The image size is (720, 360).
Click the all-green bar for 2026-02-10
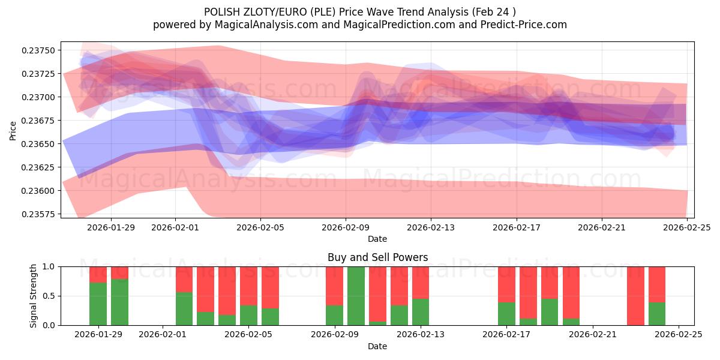click(x=356, y=296)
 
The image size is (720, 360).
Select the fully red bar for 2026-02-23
click(x=635, y=296)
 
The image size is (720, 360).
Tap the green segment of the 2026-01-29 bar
click(x=98, y=304)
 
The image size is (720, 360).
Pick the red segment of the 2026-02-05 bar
click(x=248, y=286)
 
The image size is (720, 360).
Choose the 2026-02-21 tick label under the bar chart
click(x=592, y=335)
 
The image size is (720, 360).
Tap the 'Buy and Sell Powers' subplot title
click(x=377, y=257)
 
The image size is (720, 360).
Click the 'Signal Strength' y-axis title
click(x=34, y=296)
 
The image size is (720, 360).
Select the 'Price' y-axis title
click(x=13, y=130)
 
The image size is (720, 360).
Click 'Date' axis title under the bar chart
click(x=377, y=346)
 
